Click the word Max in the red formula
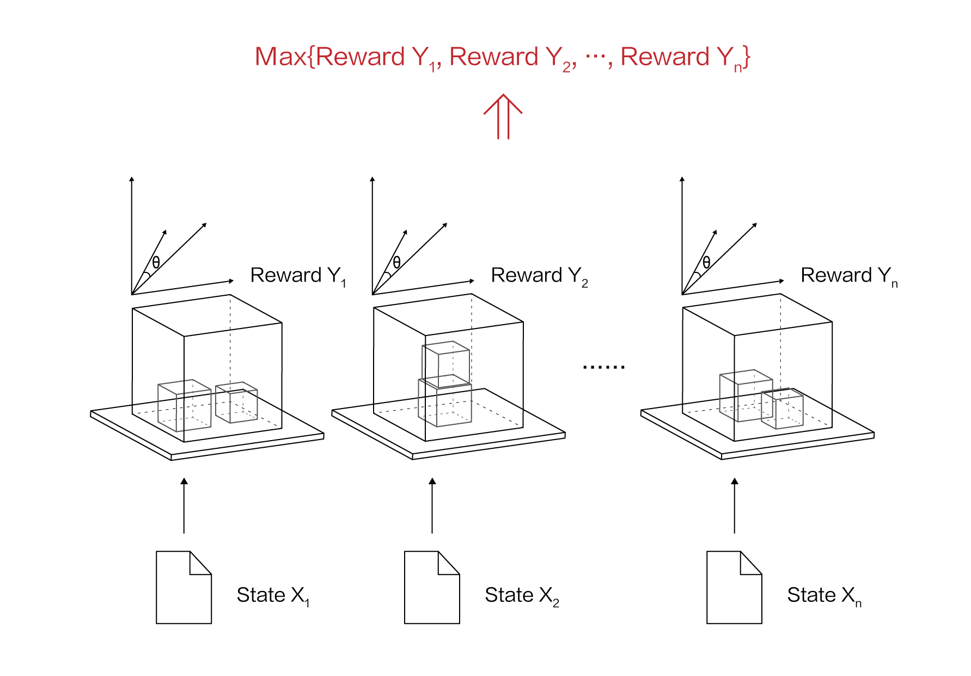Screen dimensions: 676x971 point(280,57)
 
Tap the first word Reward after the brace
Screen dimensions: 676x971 point(360,57)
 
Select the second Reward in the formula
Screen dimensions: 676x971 point(494,57)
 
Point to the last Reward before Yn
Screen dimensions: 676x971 point(665,57)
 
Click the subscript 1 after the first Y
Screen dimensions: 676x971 point(432,68)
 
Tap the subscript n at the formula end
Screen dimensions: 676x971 point(738,68)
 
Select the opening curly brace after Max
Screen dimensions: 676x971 point(312,57)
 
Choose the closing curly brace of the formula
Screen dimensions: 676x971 point(747,57)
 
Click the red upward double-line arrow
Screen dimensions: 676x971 point(503,117)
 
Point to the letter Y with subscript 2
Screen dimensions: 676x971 point(553,57)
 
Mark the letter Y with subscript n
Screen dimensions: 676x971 point(725,57)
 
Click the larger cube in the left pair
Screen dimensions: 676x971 point(184,406)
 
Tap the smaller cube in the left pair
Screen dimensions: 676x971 point(236,403)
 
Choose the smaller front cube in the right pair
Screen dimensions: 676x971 point(783,409)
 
